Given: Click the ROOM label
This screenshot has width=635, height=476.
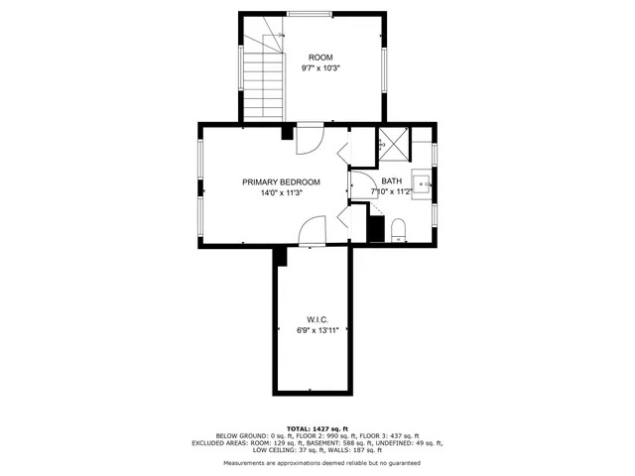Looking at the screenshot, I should pos(320,58).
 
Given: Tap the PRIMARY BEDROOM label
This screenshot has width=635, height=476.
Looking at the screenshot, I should pos(282,181).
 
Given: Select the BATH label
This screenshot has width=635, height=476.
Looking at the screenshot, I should pos(392,181).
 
